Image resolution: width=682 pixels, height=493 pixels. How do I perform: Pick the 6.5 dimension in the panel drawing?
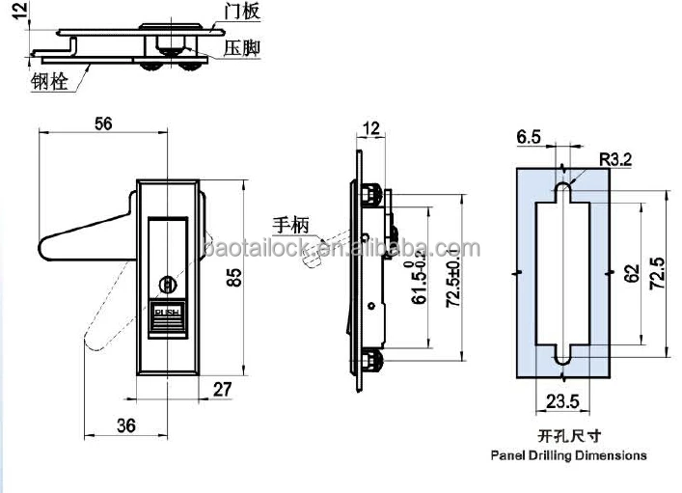tap(529, 138)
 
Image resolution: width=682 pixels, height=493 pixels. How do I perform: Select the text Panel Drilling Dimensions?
tap(568, 454)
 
